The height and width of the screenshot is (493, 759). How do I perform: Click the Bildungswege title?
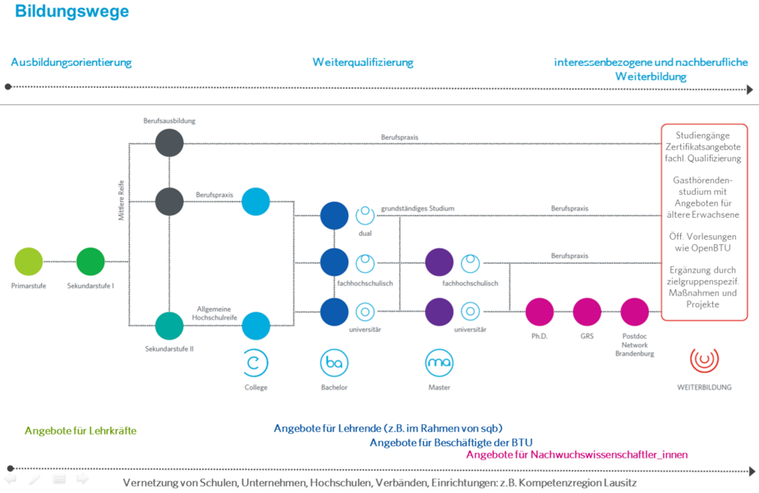click(71, 12)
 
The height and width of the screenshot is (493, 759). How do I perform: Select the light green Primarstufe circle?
click(29, 262)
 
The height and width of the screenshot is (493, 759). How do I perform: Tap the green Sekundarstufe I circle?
click(91, 262)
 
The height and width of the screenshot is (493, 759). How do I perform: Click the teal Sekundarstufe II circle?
click(169, 325)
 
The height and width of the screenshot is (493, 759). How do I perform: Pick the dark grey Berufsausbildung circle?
click(169, 143)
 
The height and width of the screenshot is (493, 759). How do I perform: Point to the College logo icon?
click(255, 362)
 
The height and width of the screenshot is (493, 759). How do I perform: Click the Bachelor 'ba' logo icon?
click(334, 362)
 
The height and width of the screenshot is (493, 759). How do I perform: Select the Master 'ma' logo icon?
click(439, 362)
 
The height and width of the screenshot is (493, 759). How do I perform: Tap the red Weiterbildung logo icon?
click(704, 360)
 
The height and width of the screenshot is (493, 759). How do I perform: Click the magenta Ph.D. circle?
click(540, 312)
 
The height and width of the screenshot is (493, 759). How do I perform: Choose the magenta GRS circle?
click(587, 312)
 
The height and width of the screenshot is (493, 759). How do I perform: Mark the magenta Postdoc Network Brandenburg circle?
click(635, 312)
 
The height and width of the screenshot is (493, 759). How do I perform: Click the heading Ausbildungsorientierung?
click(71, 62)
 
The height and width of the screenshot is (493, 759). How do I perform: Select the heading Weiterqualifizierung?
click(363, 62)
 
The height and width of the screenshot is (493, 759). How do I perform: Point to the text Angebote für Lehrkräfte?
click(80, 431)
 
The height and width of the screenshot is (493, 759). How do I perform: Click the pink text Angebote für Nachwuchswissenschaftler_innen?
click(577, 454)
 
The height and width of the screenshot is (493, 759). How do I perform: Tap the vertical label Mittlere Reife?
click(121, 200)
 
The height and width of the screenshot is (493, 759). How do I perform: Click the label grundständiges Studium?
click(417, 209)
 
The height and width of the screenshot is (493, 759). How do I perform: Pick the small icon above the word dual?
click(365, 216)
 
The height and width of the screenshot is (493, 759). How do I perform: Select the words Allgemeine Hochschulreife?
click(214, 311)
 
